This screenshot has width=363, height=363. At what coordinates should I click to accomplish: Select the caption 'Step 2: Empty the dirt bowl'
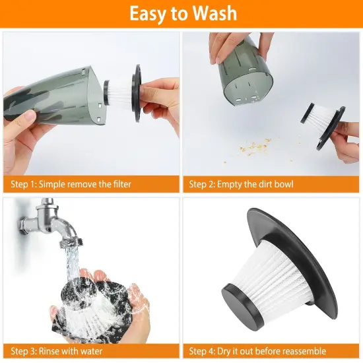(242, 185)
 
